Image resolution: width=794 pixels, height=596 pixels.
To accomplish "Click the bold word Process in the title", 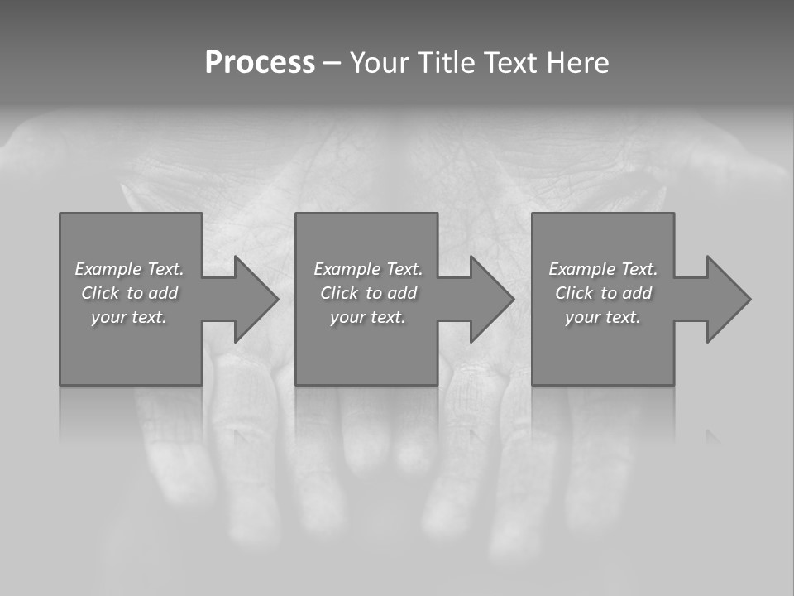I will pos(260,63).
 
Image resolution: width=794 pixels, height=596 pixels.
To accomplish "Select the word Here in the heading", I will pos(577,63).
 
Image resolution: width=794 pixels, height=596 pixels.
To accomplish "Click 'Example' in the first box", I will pos(108,269).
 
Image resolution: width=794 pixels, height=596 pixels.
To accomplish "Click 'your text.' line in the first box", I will pos(129,317).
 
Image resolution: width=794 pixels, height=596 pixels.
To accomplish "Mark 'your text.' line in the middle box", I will pos(367,317).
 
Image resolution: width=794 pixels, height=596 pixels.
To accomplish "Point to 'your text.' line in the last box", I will pos(602,317).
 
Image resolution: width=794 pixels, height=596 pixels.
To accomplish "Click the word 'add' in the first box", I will pos(163,293).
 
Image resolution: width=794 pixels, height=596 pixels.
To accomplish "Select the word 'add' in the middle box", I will pos(402,293).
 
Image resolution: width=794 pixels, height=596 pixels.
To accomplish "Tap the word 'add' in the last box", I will pos(637,293).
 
